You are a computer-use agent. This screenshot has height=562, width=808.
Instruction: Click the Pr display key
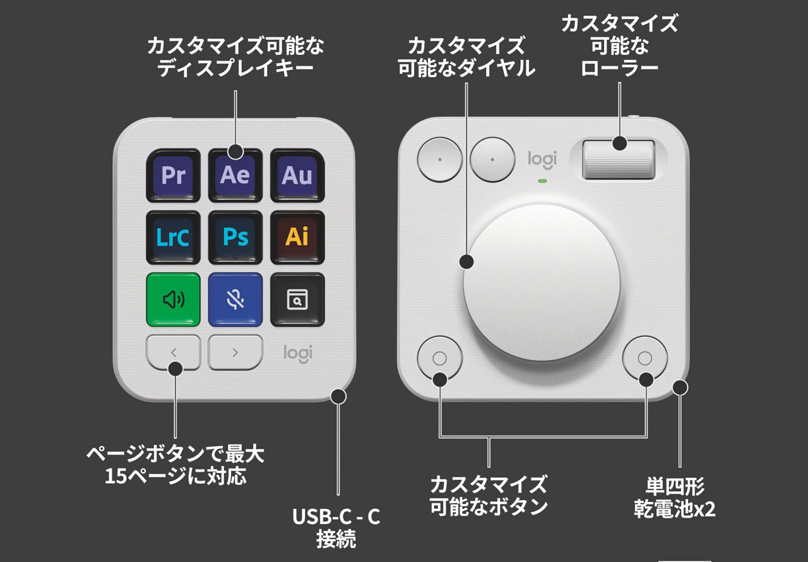(173, 176)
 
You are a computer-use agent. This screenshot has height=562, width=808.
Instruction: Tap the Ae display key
(235, 176)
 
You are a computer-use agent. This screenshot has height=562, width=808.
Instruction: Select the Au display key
(297, 176)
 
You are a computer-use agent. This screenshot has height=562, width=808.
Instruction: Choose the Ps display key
(235, 237)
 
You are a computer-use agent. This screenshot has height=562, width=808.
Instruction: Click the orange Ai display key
(297, 237)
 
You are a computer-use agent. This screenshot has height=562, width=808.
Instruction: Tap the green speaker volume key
(173, 300)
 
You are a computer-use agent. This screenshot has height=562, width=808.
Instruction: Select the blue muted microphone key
(235, 300)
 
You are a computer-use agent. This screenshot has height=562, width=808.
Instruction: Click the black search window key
(297, 300)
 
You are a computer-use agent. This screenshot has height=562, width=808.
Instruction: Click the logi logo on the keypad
(298, 354)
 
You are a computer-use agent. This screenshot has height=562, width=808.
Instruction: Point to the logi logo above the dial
(542, 160)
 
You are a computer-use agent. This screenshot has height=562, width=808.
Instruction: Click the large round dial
(542, 283)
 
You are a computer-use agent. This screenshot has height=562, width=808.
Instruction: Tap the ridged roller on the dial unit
(619, 160)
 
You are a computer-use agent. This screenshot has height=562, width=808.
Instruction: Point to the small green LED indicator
(542, 181)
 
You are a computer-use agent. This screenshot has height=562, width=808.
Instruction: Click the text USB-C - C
(336, 517)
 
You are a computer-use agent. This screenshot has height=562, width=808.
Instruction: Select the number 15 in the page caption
(116, 476)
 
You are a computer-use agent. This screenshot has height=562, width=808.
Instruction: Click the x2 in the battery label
(705, 510)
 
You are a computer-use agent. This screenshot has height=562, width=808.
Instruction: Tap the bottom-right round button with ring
(645, 358)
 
